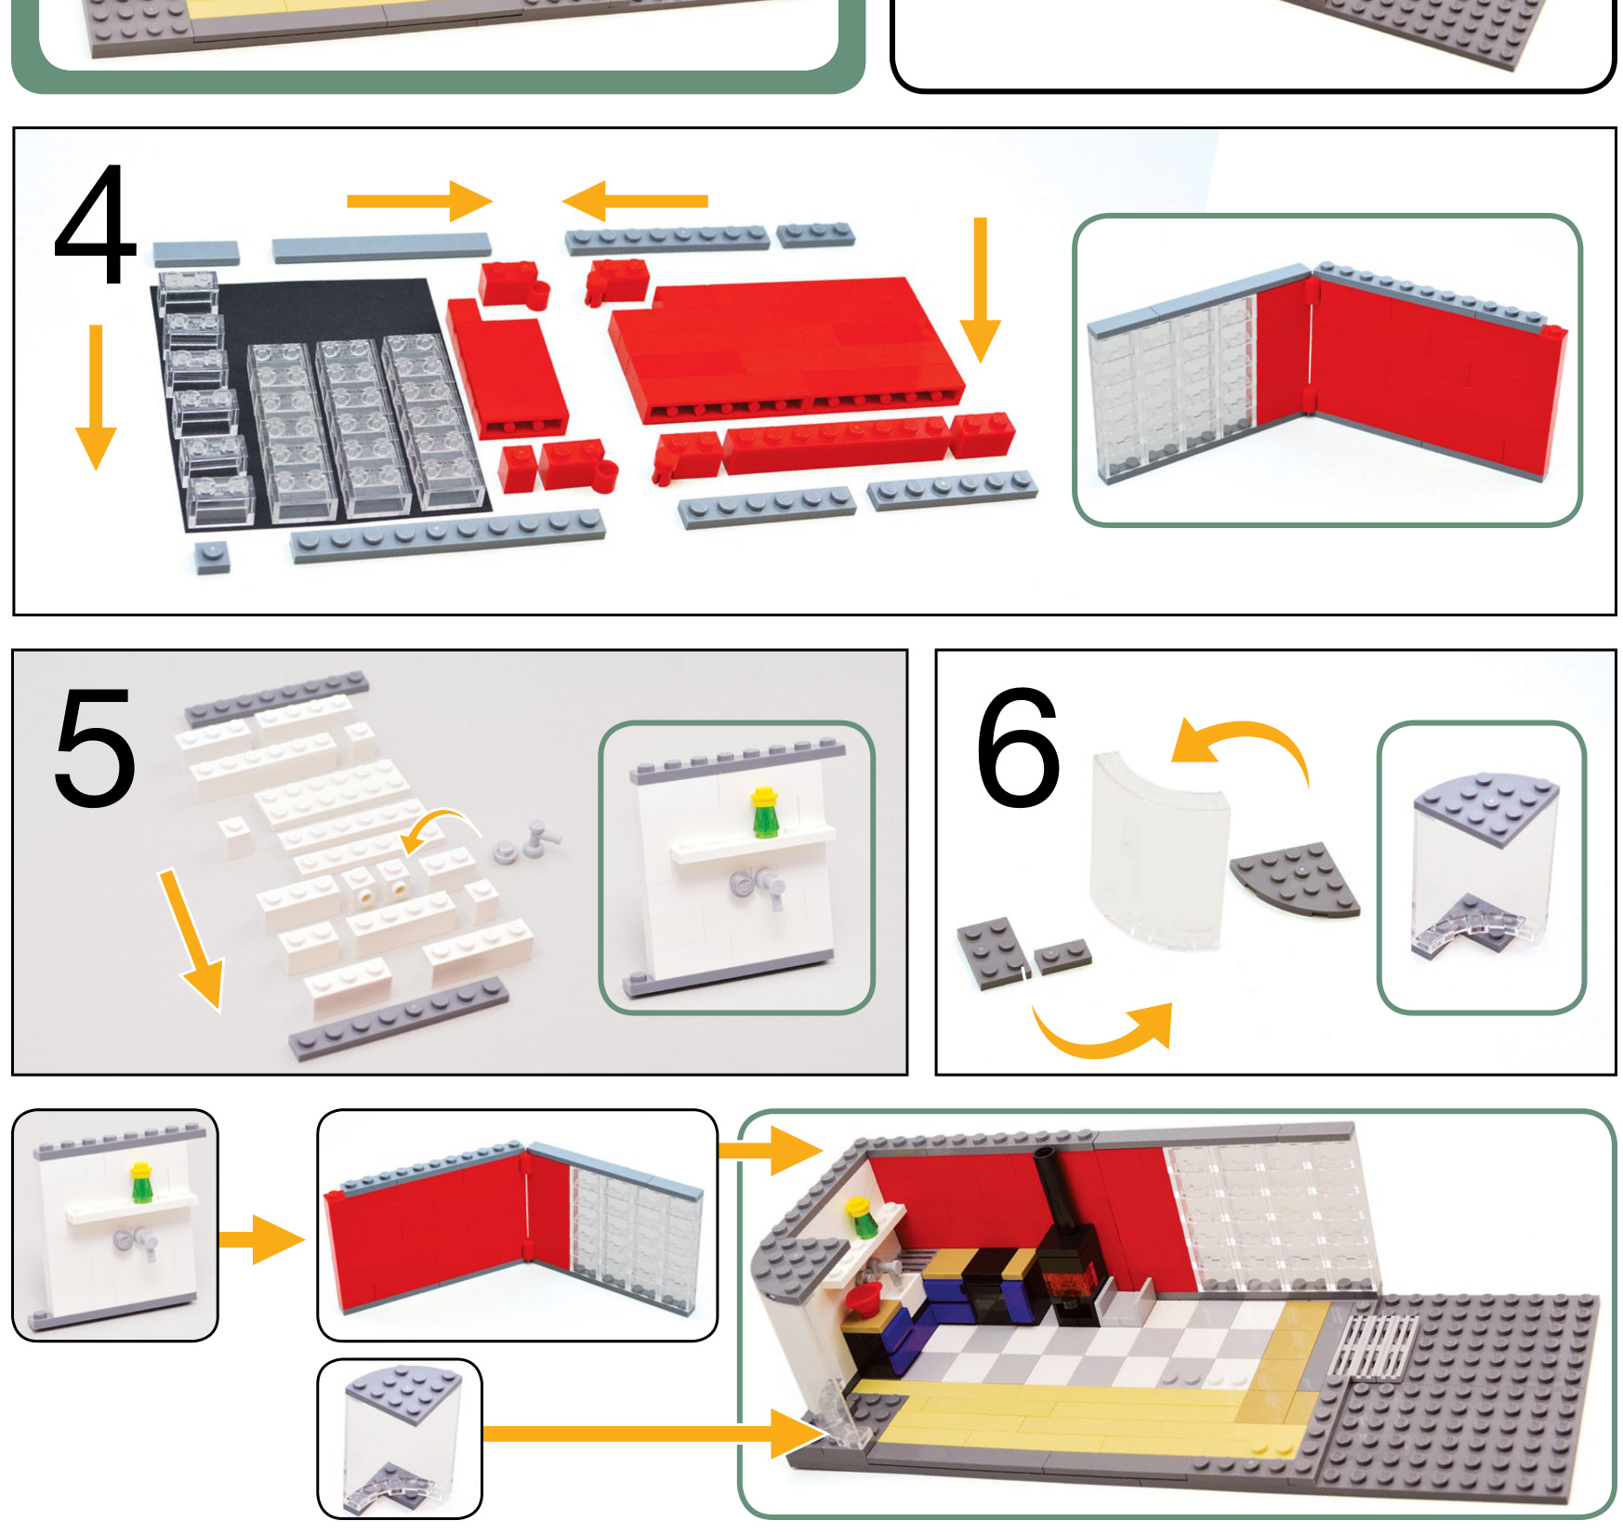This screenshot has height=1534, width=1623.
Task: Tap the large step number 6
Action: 1018,747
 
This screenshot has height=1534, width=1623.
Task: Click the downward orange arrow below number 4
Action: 96,397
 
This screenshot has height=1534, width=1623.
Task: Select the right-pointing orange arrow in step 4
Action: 419,201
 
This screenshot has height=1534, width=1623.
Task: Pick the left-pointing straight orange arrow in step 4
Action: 635,201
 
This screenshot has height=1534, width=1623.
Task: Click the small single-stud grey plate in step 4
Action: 212,557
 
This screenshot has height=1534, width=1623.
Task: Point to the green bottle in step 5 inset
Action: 764,813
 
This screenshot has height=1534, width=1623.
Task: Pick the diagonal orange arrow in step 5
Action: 191,939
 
